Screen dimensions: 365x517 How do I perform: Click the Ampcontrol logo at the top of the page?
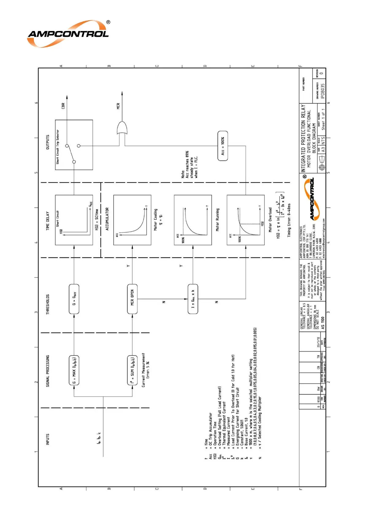coord(68,34)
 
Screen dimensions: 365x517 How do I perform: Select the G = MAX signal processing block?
coord(74,370)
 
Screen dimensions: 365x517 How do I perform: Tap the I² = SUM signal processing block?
coord(132,370)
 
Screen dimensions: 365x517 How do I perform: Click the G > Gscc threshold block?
coord(74,299)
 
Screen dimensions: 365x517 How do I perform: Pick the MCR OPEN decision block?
coord(132,299)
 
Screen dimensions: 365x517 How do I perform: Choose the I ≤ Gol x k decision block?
coord(193,299)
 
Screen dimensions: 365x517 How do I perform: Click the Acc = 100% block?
coord(223,146)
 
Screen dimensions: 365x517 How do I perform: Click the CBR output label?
coord(63,106)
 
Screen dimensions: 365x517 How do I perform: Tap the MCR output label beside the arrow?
coord(118,106)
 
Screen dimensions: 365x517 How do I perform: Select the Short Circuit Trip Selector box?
coord(74,145)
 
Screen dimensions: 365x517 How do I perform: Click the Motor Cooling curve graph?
coord(132,220)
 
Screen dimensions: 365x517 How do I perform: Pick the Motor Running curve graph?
coord(193,220)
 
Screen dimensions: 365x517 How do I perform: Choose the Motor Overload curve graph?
coord(245,220)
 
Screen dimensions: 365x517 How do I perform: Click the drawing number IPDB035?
coord(322,91)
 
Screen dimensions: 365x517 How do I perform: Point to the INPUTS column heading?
coord(48,439)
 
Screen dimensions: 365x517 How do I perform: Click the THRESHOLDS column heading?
coord(48,305)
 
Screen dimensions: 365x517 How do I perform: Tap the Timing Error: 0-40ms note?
coord(289,220)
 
